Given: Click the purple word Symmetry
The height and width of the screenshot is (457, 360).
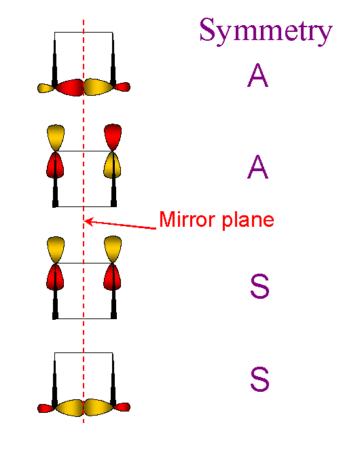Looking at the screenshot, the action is click(x=266, y=31).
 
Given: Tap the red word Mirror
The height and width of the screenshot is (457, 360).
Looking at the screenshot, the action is click(x=187, y=219).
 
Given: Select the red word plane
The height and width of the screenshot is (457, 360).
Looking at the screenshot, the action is click(x=248, y=221).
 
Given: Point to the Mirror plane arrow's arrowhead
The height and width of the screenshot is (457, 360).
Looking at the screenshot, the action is click(x=88, y=221).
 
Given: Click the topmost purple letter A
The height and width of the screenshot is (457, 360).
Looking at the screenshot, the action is click(x=257, y=75).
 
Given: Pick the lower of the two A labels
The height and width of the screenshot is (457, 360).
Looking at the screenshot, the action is click(x=257, y=167).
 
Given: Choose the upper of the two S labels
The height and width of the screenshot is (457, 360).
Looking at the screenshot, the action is click(x=259, y=286).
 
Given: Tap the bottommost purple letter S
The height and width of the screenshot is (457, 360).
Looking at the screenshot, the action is click(x=259, y=379).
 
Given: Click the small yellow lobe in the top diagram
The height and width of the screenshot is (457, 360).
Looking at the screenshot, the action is click(x=46, y=88).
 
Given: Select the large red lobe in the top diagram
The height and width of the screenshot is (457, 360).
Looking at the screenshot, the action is click(x=70, y=88).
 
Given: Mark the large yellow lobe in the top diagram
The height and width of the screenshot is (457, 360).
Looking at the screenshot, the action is click(x=98, y=87).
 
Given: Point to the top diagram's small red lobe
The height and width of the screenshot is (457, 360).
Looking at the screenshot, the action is click(x=122, y=87).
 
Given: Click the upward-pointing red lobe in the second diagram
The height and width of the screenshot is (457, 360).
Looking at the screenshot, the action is click(x=113, y=137).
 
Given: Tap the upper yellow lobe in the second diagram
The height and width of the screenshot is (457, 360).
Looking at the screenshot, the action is click(x=56, y=138).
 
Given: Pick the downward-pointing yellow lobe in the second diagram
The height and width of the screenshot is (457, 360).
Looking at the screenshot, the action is click(x=112, y=165).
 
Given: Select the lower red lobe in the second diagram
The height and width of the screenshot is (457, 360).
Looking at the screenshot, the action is click(x=55, y=165).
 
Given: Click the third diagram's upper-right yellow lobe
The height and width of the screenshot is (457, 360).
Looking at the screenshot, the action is click(x=113, y=249).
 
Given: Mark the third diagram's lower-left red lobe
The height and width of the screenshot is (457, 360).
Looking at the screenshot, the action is click(x=55, y=277).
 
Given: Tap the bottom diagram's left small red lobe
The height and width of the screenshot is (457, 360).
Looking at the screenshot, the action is click(x=46, y=408).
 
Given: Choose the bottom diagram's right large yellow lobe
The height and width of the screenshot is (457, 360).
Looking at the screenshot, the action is click(x=98, y=407).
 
